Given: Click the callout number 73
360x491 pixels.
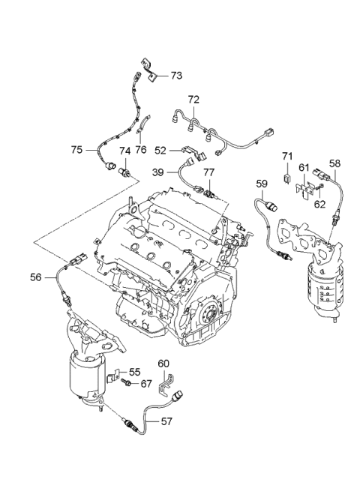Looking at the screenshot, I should click(175, 76).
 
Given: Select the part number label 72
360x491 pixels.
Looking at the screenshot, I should click(193, 99).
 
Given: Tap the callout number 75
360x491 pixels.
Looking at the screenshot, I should click(77, 150).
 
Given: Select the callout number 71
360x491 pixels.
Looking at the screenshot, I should click(286, 156).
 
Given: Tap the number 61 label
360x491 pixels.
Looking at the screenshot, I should click(304, 167).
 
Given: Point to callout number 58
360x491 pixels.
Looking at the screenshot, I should click(334, 163).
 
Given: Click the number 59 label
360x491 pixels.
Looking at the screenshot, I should click(261, 182).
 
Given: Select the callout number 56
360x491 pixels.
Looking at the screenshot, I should click(36, 277).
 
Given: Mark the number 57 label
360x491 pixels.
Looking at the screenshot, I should click(167, 421).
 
